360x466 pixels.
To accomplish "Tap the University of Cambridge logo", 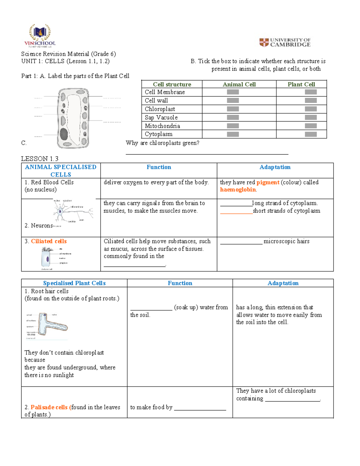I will coord(285,42).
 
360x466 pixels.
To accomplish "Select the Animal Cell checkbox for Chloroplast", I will coord(233,109).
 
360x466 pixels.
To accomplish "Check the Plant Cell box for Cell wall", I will coord(310,101).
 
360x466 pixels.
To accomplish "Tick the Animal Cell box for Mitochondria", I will coord(233,126).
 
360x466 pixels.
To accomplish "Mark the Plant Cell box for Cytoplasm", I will coord(310,134).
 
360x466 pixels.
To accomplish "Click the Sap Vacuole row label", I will coord(161,117).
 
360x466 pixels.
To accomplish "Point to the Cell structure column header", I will coord(172,84).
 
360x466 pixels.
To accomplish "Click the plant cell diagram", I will coord(73,118).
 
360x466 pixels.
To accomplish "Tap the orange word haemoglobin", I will coord(238,190).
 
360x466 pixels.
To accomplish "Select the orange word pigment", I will coord(268,182).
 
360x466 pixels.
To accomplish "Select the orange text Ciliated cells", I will coord(49,241).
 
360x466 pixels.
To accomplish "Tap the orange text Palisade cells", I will coord(49,407).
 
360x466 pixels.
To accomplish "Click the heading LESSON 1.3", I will coord(40,158).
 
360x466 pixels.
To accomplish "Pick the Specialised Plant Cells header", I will coord(74,283).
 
